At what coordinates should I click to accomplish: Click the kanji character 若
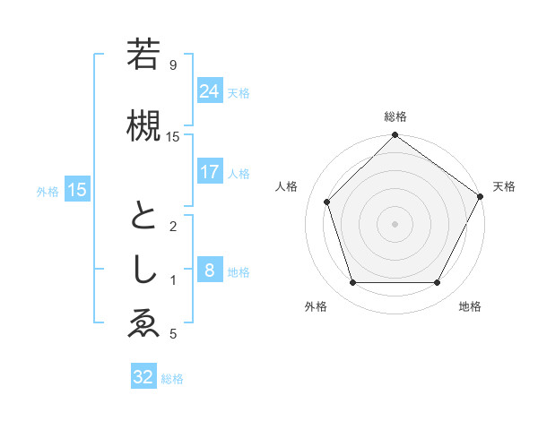click(x=143, y=56)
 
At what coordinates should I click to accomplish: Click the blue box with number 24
click(x=210, y=91)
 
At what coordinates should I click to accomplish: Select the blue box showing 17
click(x=210, y=172)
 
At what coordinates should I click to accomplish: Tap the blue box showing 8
click(x=210, y=271)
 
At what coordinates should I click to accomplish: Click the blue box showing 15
click(x=77, y=189)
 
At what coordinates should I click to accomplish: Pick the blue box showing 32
click(x=143, y=377)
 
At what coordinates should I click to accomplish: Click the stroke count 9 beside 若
click(x=173, y=65)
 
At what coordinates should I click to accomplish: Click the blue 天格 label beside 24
click(x=239, y=92)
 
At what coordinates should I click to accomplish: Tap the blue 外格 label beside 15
click(x=48, y=190)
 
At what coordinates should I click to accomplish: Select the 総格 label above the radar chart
click(x=395, y=116)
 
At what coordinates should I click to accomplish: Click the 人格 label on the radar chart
click(x=287, y=186)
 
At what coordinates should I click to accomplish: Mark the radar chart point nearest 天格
click(x=481, y=196)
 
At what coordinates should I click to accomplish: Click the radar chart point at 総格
click(x=395, y=135)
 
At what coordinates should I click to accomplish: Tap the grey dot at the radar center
click(x=395, y=223)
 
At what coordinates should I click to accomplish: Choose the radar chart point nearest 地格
click(x=438, y=283)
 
